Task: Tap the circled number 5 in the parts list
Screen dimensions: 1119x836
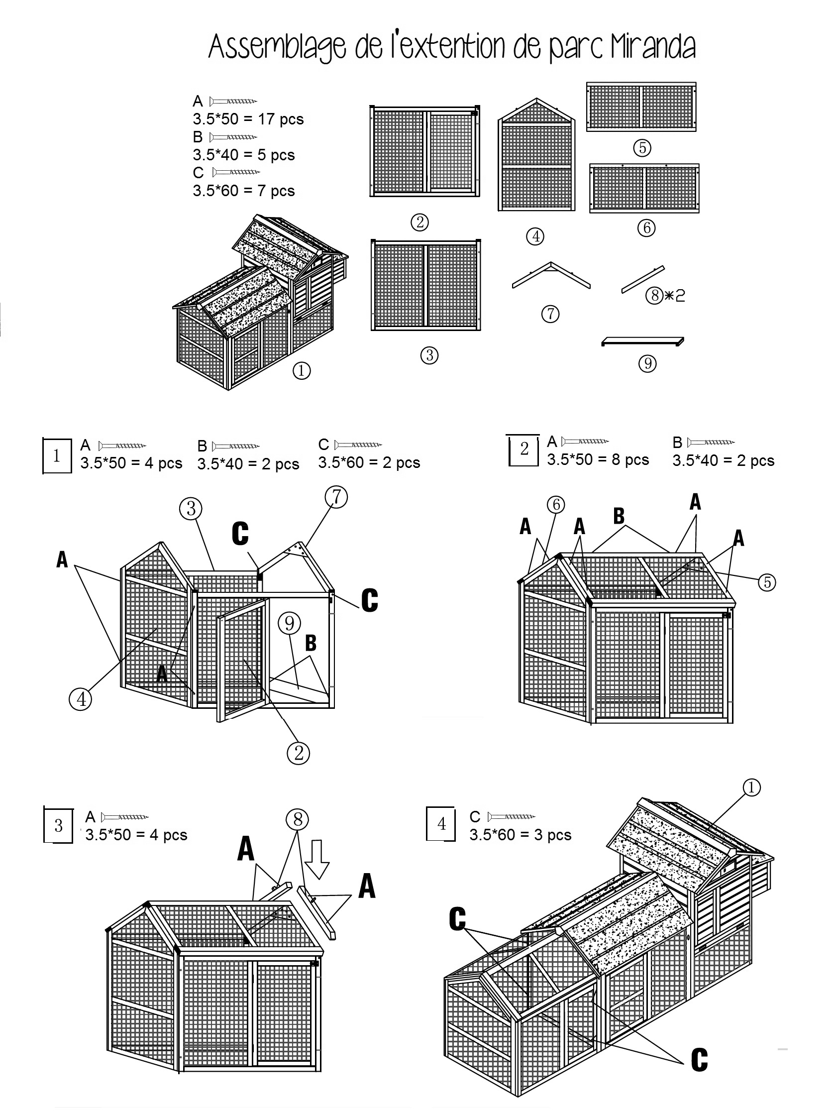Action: click(642, 148)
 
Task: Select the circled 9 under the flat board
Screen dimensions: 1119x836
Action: click(647, 363)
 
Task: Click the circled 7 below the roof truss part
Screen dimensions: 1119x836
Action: click(550, 314)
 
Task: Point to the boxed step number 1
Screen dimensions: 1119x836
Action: click(57, 455)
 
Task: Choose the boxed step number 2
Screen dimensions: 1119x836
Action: click(524, 449)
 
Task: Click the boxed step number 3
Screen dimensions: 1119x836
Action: click(58, 825)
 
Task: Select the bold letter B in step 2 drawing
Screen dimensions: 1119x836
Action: click(619, 516)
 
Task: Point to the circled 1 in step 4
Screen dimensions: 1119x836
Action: click(751, 787)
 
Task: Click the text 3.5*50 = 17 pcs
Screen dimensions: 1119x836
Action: click(248, 119)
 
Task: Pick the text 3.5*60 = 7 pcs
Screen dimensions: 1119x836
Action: click(243, 191)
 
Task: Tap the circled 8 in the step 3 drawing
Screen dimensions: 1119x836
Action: click(298, 819)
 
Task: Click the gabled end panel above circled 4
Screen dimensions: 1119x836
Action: click(536, 157)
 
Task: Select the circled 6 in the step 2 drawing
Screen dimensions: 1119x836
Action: click(555, 504)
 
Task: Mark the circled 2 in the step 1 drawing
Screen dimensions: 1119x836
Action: click(298, 753)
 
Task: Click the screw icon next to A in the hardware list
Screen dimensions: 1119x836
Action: click(233, 101)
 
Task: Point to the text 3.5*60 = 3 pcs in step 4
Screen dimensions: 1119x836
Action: click(520, 835)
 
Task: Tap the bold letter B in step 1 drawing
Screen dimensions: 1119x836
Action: click(311, 643)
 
